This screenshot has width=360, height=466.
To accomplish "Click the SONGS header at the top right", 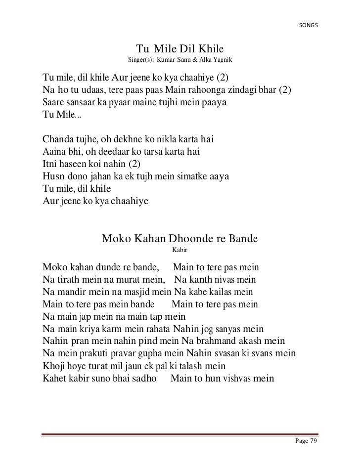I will pos(309,25).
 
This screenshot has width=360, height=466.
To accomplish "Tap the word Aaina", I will pos(54,151).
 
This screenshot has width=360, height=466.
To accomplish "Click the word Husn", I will pos(53,176).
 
